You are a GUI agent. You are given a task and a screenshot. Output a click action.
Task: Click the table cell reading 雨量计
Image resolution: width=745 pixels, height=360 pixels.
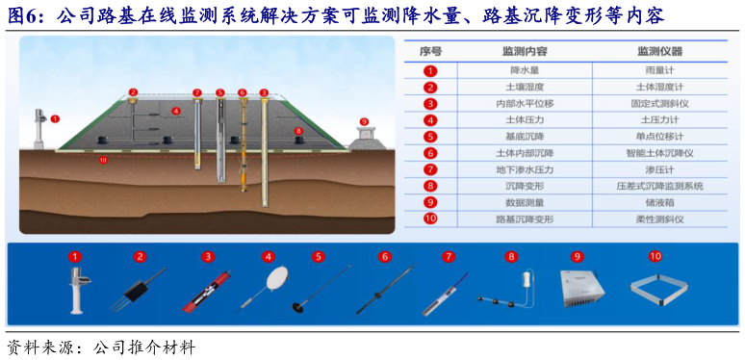(x=659, y=70)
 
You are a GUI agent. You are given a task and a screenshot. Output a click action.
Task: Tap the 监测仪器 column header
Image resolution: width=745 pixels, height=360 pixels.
(x=659, y=50)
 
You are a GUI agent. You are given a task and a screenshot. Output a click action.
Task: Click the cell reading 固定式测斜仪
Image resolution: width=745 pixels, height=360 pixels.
(x=659, y=103)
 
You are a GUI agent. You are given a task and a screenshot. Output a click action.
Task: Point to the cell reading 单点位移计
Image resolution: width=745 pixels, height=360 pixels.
(x=659, y=136)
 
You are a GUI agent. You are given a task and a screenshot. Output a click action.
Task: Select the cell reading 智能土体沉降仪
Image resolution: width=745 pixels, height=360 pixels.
(x=659, y=152)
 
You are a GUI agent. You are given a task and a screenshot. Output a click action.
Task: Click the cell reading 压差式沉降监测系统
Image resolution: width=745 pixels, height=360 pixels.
(x=659, y=185)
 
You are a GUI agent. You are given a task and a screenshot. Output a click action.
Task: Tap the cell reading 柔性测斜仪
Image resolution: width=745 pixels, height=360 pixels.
(x=659, y=219)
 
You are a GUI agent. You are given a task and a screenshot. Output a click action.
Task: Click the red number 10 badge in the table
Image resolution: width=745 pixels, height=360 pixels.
(x=430, y=219)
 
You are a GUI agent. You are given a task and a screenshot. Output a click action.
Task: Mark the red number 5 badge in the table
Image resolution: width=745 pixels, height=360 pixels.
(x=430, y=136)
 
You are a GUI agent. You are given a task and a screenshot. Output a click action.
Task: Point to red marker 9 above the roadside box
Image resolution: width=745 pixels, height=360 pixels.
(x=363, y=122)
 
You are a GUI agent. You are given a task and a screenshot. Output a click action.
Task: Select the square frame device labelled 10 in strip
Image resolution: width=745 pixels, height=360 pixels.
(x=657, y=289)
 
